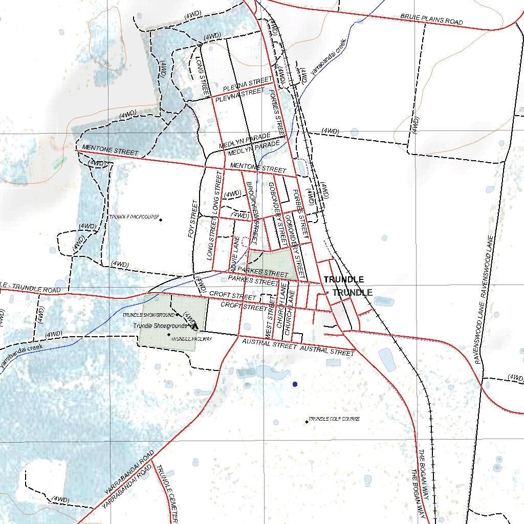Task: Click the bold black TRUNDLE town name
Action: pos(344,280)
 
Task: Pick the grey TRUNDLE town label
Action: pos(353,293)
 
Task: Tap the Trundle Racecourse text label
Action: pos(134,217)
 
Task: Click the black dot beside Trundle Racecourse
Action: pos(161,220)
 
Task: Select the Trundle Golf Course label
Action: pos(334,419)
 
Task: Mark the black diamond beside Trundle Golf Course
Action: pos(307,422)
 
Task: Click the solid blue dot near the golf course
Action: pos(294,384)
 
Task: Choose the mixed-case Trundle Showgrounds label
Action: pos(160,326)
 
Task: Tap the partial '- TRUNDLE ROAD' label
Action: pos(31,288)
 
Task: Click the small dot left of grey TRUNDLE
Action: pos(327,293)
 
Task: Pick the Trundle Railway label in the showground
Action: pos(191,339)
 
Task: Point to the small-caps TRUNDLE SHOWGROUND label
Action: pos(148,315)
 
